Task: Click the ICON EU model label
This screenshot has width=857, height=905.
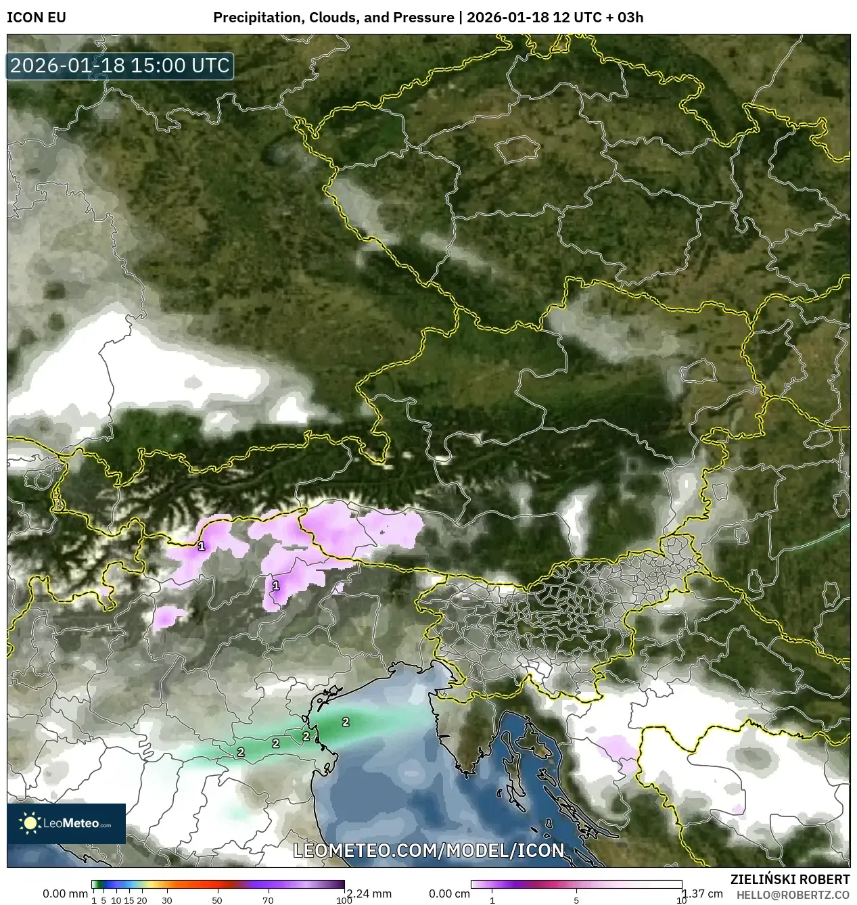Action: click(37, 18)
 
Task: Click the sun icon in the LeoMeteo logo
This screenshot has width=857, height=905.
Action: click(30, 823)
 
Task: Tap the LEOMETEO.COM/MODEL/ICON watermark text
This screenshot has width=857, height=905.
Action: click(428, 850)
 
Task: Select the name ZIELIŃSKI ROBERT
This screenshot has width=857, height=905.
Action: click(789, 879)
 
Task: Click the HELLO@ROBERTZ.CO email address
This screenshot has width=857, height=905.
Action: click(793, 895)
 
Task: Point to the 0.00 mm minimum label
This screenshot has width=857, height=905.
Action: click(65, 894)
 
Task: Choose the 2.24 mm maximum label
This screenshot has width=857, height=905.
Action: click(369, 894)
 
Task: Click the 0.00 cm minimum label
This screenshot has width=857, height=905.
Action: click(449, 894)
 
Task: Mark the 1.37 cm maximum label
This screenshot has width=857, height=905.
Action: click(703, 894)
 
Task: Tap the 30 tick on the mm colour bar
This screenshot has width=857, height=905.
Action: click(167, 900)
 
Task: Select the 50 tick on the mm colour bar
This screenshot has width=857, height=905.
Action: click(217, 900)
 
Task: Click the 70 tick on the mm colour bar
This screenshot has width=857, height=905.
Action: click(268, 900)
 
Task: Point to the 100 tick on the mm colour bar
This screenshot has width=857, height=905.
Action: click(344, 900)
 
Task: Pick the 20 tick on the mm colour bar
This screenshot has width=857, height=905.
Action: click(142, 900)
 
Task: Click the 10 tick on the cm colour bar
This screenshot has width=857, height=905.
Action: click(681, 900)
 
